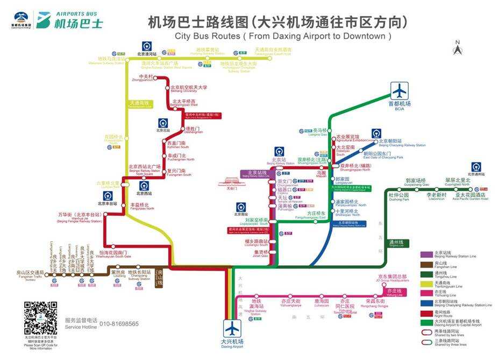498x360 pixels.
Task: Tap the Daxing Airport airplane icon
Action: pos(232,328)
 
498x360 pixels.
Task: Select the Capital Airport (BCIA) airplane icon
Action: pos(399,90)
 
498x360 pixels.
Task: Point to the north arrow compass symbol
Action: pos(458,48)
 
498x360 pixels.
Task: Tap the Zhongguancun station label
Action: pos(146,79)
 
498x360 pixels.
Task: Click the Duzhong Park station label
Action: pos(399,196)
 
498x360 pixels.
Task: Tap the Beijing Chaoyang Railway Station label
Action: pos(402,143)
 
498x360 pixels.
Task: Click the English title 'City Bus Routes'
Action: pos(283,36)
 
